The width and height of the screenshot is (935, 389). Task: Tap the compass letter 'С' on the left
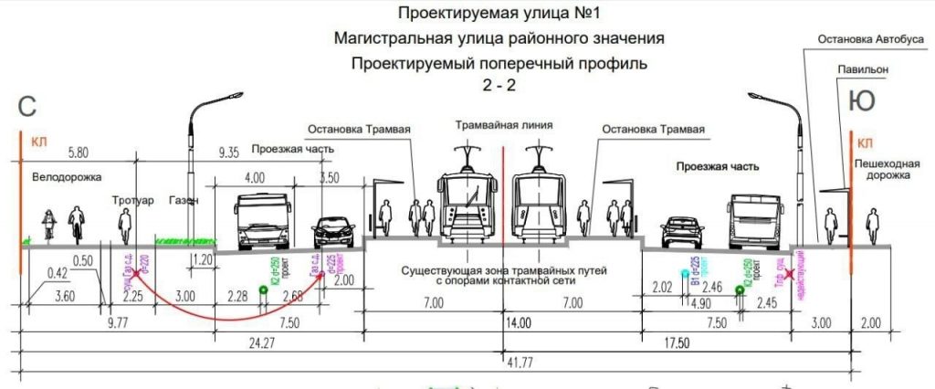click(26, 106)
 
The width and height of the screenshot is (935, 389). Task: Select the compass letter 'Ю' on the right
click(861, 100)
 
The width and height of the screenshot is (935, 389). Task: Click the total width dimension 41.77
click(509, 363)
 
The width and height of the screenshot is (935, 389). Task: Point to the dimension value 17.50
click(676, 343)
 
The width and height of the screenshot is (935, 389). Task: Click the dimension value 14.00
click(519, 322)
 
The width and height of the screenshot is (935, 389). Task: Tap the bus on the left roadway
click(262, 221)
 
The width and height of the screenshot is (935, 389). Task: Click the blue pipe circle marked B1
click(685, 273)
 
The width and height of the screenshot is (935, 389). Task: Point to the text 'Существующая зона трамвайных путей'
click(503, 271)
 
